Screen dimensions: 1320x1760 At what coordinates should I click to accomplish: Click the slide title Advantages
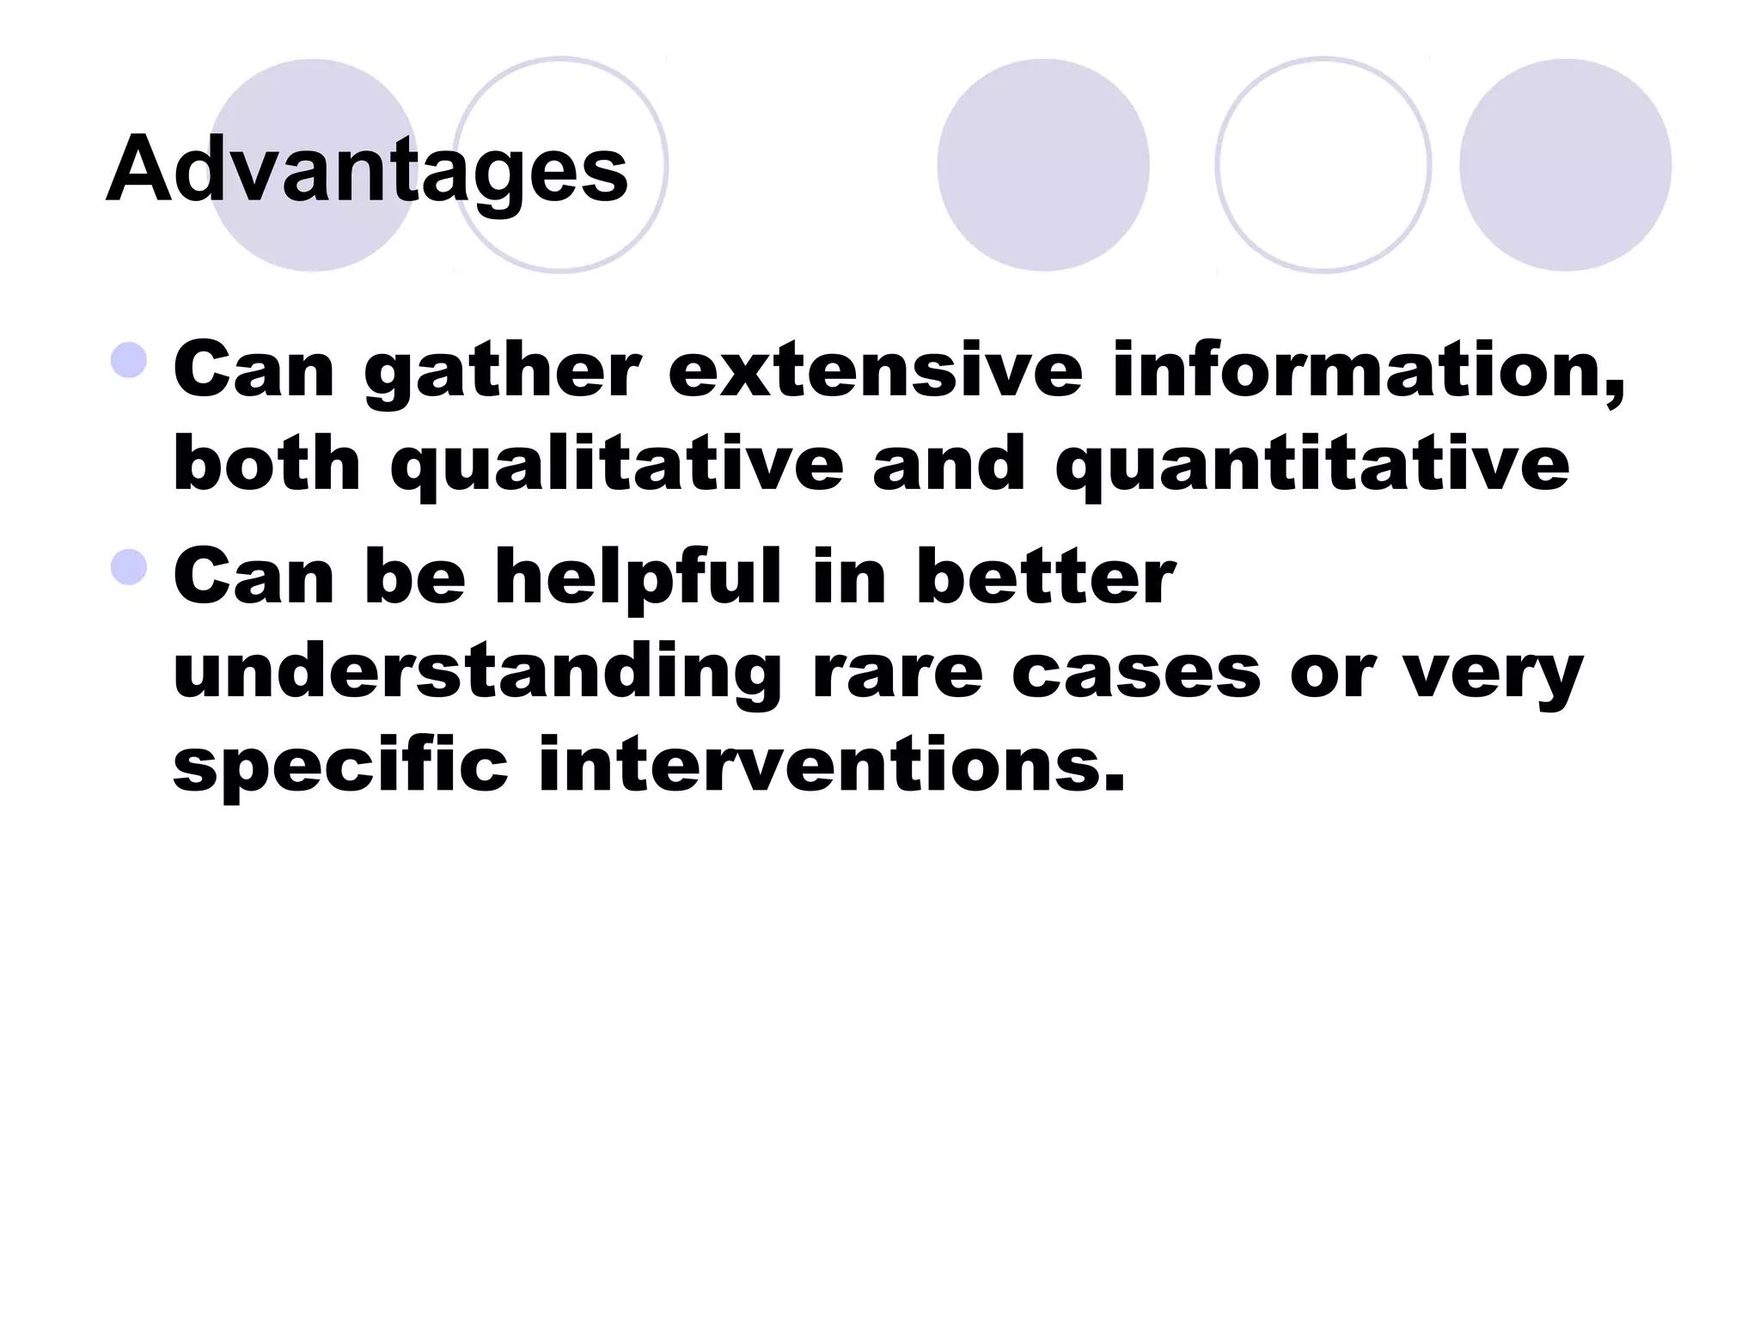coord(367,169)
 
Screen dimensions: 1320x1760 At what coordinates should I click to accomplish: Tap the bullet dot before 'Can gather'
coord(130,360)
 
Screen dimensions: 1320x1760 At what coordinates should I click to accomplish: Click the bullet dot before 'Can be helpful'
coord(130,567)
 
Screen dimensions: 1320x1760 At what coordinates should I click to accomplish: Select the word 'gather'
coord(502,371)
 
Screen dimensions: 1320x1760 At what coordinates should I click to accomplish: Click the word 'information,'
coord(1367,371)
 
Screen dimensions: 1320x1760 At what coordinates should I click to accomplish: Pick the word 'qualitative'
coord(616,465)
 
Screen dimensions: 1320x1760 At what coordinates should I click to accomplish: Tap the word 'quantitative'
coord(1312,465)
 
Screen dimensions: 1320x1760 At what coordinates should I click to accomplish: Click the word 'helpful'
coord(638,577)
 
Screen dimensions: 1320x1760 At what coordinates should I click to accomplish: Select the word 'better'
coord(1045,577)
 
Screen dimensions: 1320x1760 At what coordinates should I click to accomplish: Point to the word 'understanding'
coord(477,673)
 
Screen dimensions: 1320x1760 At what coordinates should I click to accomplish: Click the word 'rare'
coord(897,673)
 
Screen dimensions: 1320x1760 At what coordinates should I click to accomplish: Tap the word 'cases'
coord(1136,673)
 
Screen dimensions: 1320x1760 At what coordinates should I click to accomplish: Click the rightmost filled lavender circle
coord(1565,165)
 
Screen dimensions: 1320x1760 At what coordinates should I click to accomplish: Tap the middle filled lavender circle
coord(1042,165)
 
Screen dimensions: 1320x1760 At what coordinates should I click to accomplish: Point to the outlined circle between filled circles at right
coord(1323,165)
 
